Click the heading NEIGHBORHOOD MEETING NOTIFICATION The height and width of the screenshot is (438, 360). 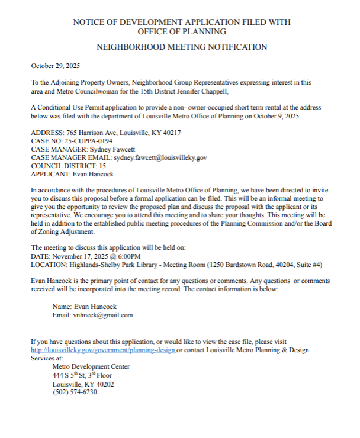181,47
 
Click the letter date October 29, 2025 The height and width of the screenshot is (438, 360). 55,66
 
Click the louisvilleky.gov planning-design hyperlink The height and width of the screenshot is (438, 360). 103,350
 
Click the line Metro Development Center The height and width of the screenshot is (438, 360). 91,366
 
